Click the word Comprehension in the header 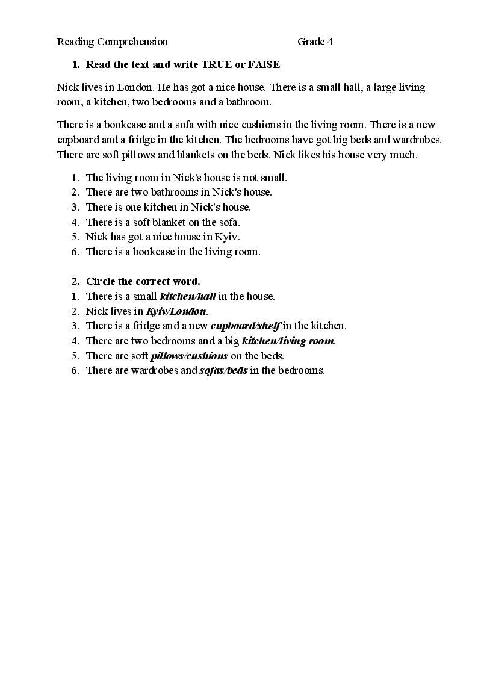tap(132, 42)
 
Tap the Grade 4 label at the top tap(315, 42)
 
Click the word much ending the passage tap(403, 155)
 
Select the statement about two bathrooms tap(179, 193)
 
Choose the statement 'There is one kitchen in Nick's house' tap(168, 207)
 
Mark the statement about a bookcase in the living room tap(173, 252)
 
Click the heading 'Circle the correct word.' tap(143, 281)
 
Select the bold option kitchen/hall tap(187, 296)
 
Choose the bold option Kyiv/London tap(176, 311)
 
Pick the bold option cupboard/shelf tap(245, 326)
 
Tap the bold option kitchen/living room tap(287, 341)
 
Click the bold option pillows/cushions tap(189, 356)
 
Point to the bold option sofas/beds tap(223, 370)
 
